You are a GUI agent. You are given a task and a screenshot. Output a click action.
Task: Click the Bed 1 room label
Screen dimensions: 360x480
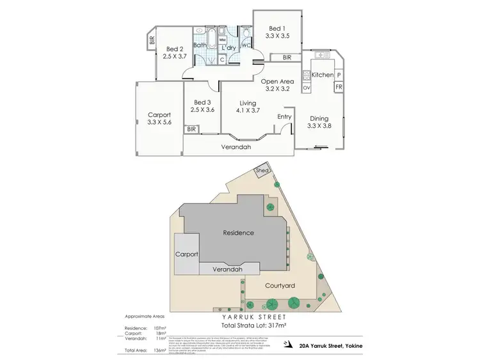click(276, 28)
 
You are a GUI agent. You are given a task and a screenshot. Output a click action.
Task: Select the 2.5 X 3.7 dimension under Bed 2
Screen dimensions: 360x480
click(175, 57)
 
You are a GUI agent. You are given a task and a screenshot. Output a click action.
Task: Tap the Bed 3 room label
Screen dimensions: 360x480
click(202, 102)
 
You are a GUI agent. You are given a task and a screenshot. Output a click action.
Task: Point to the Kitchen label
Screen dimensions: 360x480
click(322, 75)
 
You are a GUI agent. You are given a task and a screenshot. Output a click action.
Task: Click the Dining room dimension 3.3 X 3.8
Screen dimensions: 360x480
click(319, 127)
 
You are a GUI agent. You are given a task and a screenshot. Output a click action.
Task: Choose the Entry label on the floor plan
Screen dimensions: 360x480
click(284, 116)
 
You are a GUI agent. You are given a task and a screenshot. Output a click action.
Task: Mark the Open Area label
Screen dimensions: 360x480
click(277, 81)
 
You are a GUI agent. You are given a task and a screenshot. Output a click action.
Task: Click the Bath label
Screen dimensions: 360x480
click(200, 45)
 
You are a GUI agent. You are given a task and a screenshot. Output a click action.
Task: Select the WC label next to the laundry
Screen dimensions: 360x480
click(246, 45)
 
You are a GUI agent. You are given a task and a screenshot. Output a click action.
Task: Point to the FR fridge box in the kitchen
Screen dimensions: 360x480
click(339, 87)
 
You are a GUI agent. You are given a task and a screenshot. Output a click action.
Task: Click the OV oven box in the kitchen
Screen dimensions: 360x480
click(306, 87)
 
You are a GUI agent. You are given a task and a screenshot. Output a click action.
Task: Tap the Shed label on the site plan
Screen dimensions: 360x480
click(261, 171)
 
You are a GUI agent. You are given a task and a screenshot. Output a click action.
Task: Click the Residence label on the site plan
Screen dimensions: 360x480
click(238, 233)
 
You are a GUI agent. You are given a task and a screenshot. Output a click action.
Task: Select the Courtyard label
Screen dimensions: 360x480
click(279, 286)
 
